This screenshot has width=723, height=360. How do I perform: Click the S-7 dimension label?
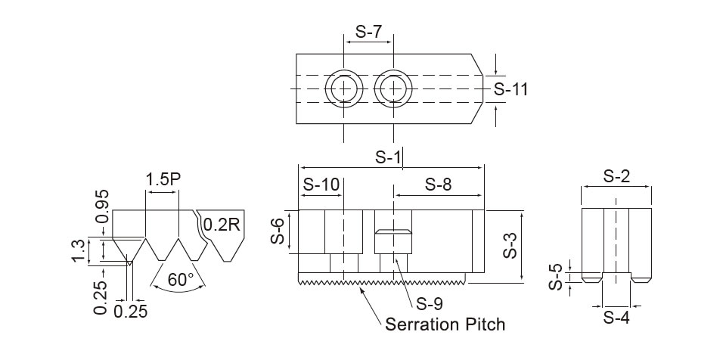tap(369, 32)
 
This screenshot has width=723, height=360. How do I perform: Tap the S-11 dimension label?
tap(511, 89)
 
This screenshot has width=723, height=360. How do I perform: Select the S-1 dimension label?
tap(388, 157)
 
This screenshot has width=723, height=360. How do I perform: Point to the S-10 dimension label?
tap(321, 185)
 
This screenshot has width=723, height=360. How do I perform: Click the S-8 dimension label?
tap(438, 185)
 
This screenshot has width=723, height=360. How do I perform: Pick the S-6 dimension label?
tap(278, 231)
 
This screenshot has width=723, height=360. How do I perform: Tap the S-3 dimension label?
tap(510, 244)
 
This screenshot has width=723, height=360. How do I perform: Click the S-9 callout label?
tap(430, 304)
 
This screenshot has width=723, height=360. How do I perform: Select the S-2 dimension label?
tap(616, 176)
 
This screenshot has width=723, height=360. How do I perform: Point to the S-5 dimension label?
tap(556, 277)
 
